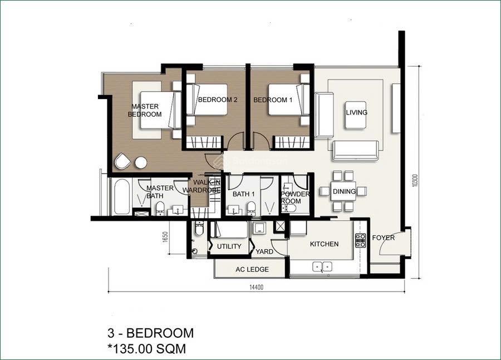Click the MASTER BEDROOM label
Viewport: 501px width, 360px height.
pyautogui.click(x=145, y=110)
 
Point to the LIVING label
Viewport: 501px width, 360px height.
pyautogui.click(x=356, y=112)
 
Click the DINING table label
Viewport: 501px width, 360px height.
pyautogui.click(x=344, y=191)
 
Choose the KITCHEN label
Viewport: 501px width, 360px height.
pyautogui.click(x=324, y=244)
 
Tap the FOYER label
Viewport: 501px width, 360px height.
pyautogui.click(x=384, y=238)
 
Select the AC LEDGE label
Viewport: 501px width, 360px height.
pyautogui.click(x=252, y=269)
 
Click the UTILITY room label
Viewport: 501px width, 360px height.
pyautogui.click(x=229, y=246)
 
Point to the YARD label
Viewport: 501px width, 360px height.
pyautogui.click(x=264, y=251)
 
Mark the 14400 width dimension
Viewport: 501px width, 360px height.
pyautogui.click(x=256, y=288)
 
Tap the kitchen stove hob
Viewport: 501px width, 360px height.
pyautogui.click(x=360, y=240)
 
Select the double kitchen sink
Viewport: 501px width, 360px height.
pyautogui.click(x=322, y=266)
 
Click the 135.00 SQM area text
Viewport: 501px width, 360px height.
pyautogui.click(x=147, y=349)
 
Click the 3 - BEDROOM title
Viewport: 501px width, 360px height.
pyautogui.click(x=150, y=333)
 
